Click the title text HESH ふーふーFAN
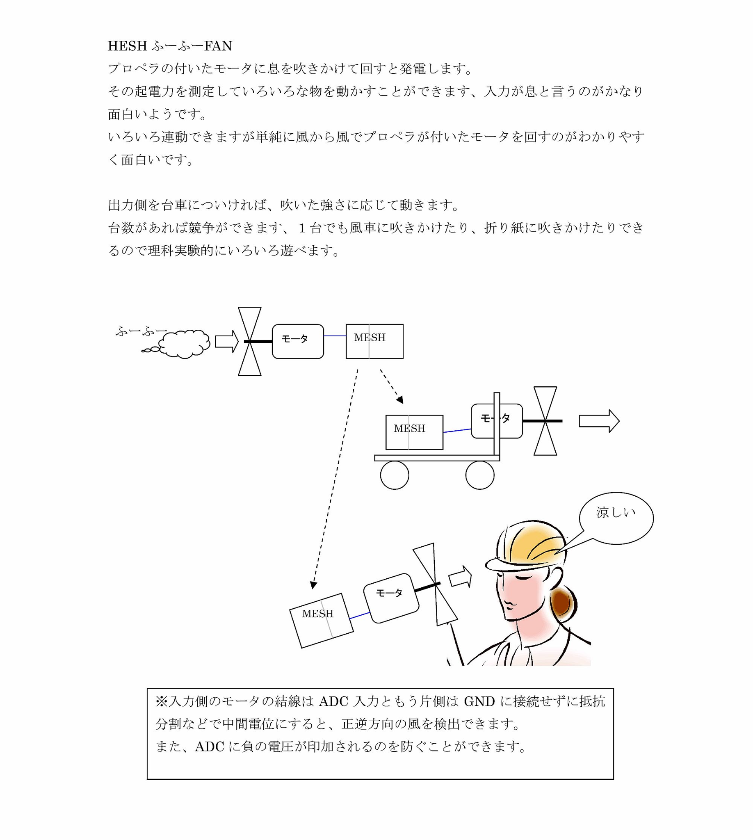point(170,46)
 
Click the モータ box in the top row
point(297,341)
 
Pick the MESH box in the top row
point(374,341)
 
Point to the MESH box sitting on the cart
point(414,432)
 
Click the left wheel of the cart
point(394,475)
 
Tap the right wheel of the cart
point(479,475)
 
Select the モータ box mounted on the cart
point(497,421)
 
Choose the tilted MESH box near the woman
point(321,620)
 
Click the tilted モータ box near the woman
point(391,598)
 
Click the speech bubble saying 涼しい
point(616,517)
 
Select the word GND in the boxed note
point(479,701)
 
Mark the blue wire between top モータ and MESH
point(335,336)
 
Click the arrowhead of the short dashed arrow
point(400,400)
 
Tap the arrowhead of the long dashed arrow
point(313,585)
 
